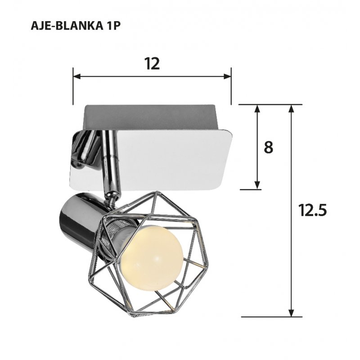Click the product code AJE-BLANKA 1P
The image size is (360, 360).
click(75, 25)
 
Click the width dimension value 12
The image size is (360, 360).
click(152, 64)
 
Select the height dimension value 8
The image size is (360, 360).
click(269, 147)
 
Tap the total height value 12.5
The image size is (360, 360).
click(311, 210)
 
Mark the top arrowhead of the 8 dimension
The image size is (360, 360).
click(257, 108)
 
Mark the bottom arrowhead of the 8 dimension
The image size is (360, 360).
click(257, 185)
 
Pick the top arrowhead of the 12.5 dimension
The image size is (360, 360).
click(292, 108)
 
